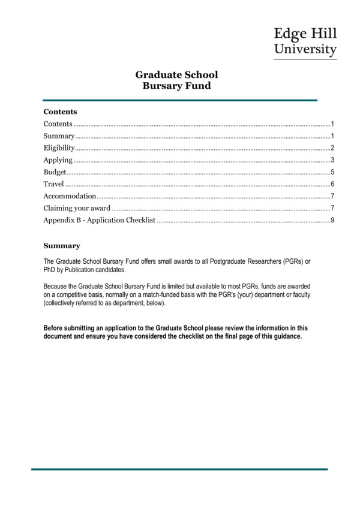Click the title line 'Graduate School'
coord(176,75)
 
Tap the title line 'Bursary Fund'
coord(176,86)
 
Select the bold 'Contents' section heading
coord(60,112)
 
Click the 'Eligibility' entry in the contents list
coord(59,148)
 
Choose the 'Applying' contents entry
coord(58,160)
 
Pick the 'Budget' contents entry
coord(55,172)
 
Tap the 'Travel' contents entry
coord(53,184)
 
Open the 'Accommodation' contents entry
coord(70,196)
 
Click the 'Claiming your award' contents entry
coord(77,208)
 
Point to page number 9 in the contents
coord(332,221)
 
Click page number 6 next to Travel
coord(332,184)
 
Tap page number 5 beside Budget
coord(332,172)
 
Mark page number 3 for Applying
coord(332,160)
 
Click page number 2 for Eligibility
coord(332,148)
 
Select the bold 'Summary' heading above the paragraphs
coord(61,246)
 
